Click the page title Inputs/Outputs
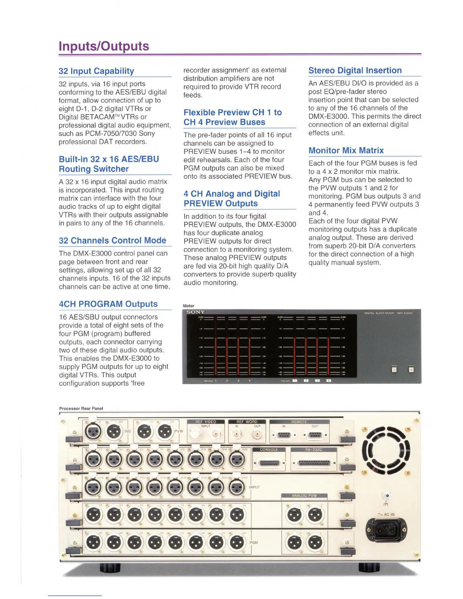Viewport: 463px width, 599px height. (104, 46)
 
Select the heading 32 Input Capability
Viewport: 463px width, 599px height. (96, 71)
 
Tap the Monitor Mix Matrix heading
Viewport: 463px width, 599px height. (346, 151)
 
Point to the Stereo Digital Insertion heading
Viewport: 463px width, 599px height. (355, 70)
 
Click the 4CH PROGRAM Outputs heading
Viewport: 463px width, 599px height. (108, 304)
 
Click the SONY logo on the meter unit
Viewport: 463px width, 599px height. (196, 312)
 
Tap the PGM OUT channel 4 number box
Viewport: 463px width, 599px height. (328, 380)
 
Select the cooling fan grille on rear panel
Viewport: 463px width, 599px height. (386, 450)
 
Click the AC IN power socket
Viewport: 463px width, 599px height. (386, 529)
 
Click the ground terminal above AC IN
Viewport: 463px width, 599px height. (387, 496)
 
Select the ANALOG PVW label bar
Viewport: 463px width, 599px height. (304, 495)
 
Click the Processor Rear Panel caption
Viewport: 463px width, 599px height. (81, 408)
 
